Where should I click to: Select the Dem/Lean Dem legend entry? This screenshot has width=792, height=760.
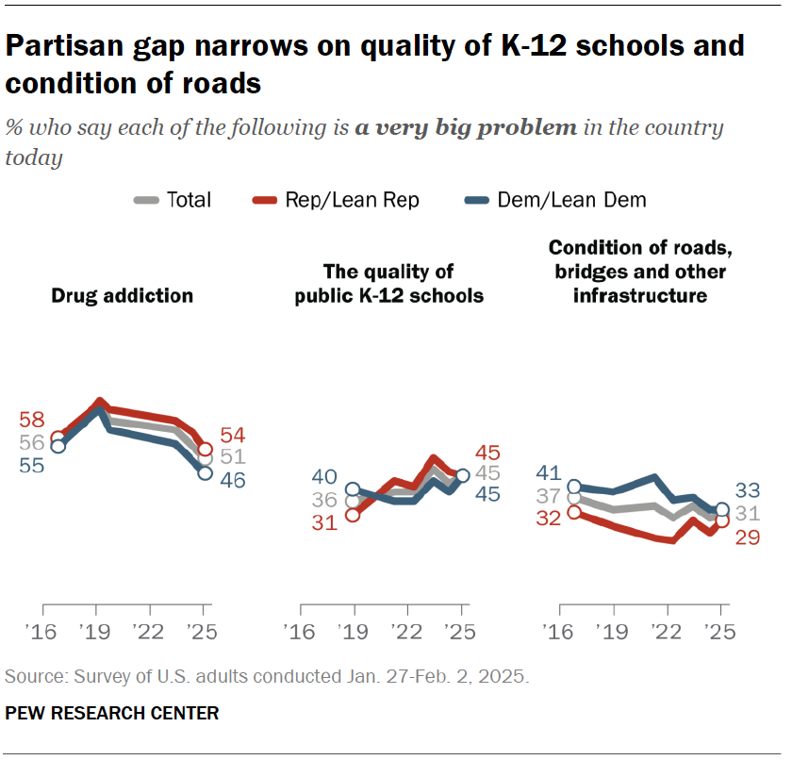click(569, 200)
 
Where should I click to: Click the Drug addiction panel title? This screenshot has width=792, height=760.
click(122, 296)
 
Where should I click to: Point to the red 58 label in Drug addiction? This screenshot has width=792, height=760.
click(31, 421)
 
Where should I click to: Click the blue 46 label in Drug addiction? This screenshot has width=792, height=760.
click(232, 480)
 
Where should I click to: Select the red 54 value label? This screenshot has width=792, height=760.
click(232, 436)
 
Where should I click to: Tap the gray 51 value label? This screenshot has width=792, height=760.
click(232, 457)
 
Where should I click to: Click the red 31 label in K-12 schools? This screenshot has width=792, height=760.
click(324, 522)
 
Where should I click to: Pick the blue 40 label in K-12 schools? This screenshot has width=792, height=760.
click(324, 477)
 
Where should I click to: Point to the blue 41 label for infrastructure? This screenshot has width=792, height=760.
click(548, 473)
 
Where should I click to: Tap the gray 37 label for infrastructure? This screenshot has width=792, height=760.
click(548, 495)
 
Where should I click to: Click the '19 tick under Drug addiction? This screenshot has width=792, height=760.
click(96, 633)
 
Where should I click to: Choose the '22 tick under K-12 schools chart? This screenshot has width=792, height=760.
click(406, 633)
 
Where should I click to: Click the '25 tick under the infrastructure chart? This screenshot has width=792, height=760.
click(719, 633)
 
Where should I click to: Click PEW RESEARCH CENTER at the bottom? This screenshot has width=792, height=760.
click(112, 714)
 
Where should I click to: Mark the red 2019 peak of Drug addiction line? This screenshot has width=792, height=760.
click(99, 403)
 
